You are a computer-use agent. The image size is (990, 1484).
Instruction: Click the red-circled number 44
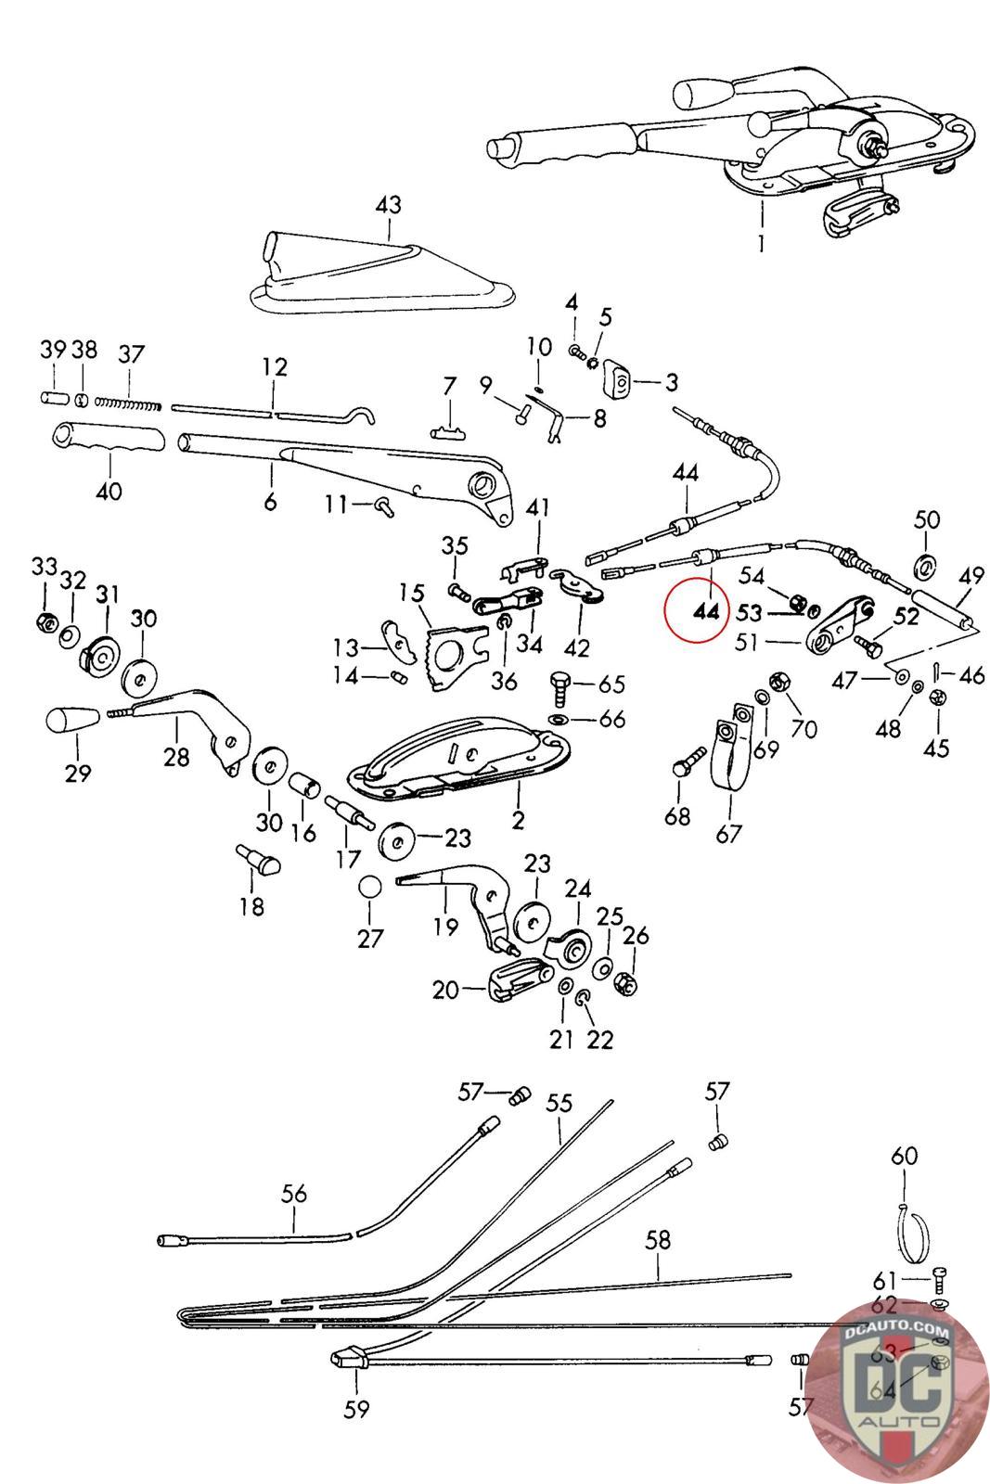tap(705, 612)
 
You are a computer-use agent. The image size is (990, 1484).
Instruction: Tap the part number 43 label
tap(389, 204)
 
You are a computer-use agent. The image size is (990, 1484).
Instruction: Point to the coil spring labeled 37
tap(130, 402)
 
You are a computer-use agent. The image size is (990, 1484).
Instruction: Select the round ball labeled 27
tap(370, 886)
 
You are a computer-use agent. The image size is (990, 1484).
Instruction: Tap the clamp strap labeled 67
tap(730, 751)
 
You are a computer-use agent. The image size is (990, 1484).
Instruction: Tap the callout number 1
tap(763, 245)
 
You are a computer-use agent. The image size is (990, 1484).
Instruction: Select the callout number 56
tap(294, 1193)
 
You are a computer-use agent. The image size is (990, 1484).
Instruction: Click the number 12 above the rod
tap(275, 366)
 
